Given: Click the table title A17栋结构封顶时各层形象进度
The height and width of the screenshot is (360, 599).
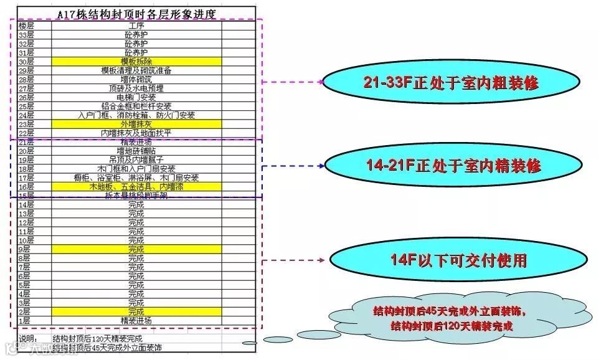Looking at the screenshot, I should coord(136,14).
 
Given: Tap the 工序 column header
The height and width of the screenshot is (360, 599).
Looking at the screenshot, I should coord(136,26).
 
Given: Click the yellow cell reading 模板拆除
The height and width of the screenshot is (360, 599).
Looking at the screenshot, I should coord(136,62).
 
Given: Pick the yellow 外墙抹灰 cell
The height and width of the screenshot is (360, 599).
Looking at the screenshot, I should coord(136,124).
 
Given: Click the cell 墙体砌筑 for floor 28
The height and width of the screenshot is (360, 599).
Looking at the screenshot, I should coord(136,79).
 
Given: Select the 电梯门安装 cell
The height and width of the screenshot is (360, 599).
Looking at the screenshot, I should coord(136,97).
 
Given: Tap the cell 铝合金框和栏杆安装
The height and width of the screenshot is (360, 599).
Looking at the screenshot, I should coord(136,107).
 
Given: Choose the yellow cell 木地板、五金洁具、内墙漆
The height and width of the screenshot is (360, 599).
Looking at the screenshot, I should coord(136,186).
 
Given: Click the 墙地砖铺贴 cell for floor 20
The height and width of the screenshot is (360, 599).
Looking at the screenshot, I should coord(136,151).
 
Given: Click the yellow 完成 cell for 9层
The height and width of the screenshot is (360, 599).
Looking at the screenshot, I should coord(136,249).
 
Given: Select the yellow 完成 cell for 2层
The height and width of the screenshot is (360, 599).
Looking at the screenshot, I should coord(136,311).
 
